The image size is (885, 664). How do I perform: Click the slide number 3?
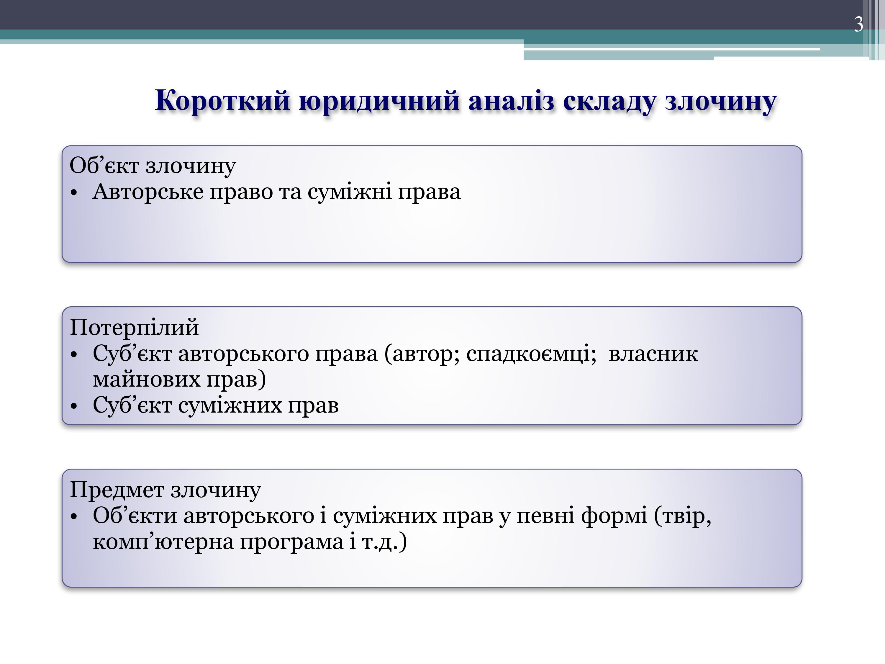pos(858,24)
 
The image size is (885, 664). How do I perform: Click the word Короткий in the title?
pos(222,100)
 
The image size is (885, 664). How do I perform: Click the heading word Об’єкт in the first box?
pos(104,165)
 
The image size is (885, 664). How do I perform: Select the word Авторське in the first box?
pos(148,191)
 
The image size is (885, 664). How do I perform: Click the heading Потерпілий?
pos(134,327)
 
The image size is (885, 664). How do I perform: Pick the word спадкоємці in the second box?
pos(528,354)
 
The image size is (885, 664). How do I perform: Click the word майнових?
pos(146,380)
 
